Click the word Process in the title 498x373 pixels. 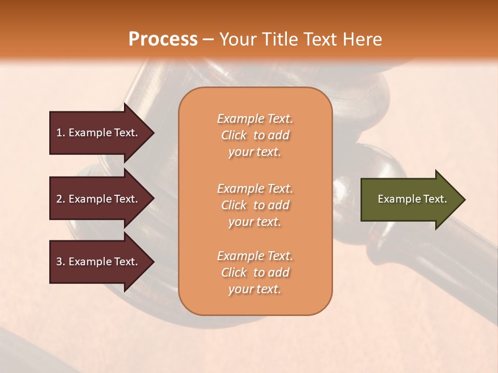pos(163,39)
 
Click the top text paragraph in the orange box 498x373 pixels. pos(255,135)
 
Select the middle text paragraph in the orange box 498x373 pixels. pos(255,205)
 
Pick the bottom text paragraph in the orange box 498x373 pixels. pos(255,272)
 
